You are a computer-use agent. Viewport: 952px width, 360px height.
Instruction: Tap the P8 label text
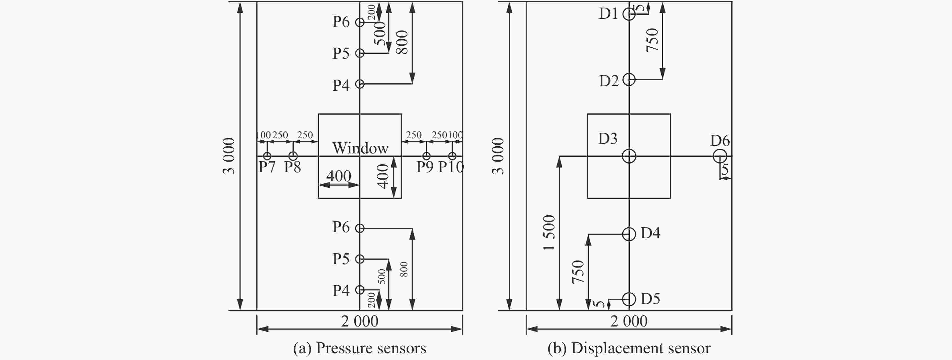click(292, 167)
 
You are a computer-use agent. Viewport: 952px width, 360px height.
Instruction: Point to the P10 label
click(451, 167)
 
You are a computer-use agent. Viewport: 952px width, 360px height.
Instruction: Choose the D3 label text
click(608, 139)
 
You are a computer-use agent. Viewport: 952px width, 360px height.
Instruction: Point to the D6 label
click(720, 141)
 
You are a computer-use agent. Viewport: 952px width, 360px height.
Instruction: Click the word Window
click(360, 148)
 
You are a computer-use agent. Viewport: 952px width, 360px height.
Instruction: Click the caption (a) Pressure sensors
click(360, 348)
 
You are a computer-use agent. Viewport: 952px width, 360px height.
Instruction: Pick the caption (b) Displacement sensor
click(629, 348)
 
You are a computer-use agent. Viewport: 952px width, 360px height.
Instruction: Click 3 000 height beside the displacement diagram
click(498, 156)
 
